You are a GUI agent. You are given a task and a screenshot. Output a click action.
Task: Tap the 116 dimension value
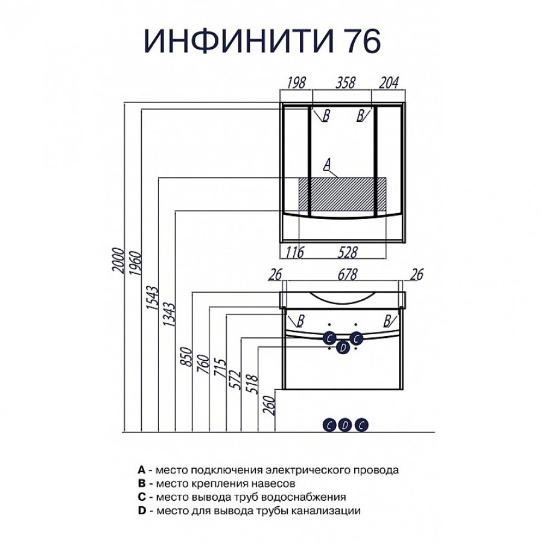pyautogui.click(x=294, y=252)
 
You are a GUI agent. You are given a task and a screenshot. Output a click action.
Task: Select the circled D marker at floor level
pyautogui.click(x=345, y=425)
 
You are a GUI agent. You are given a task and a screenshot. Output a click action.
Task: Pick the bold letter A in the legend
pyautogui.click(x=141, y=469)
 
